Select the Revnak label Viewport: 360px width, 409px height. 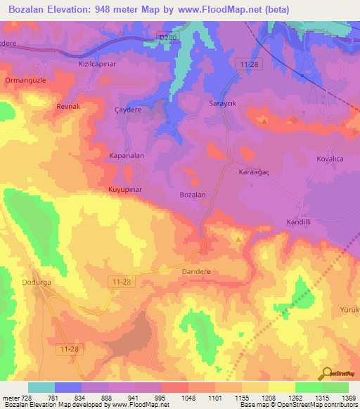click(x=70, y=107)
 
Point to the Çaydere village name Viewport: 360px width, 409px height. click(x=129, y=110)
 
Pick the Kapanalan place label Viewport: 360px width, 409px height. click(x=127, y=155)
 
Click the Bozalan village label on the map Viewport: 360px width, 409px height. click(x=193, y=195)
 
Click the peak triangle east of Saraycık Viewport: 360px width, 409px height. click(x=264, y=121)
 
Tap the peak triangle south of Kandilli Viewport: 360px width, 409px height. click(x=238, y=240)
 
